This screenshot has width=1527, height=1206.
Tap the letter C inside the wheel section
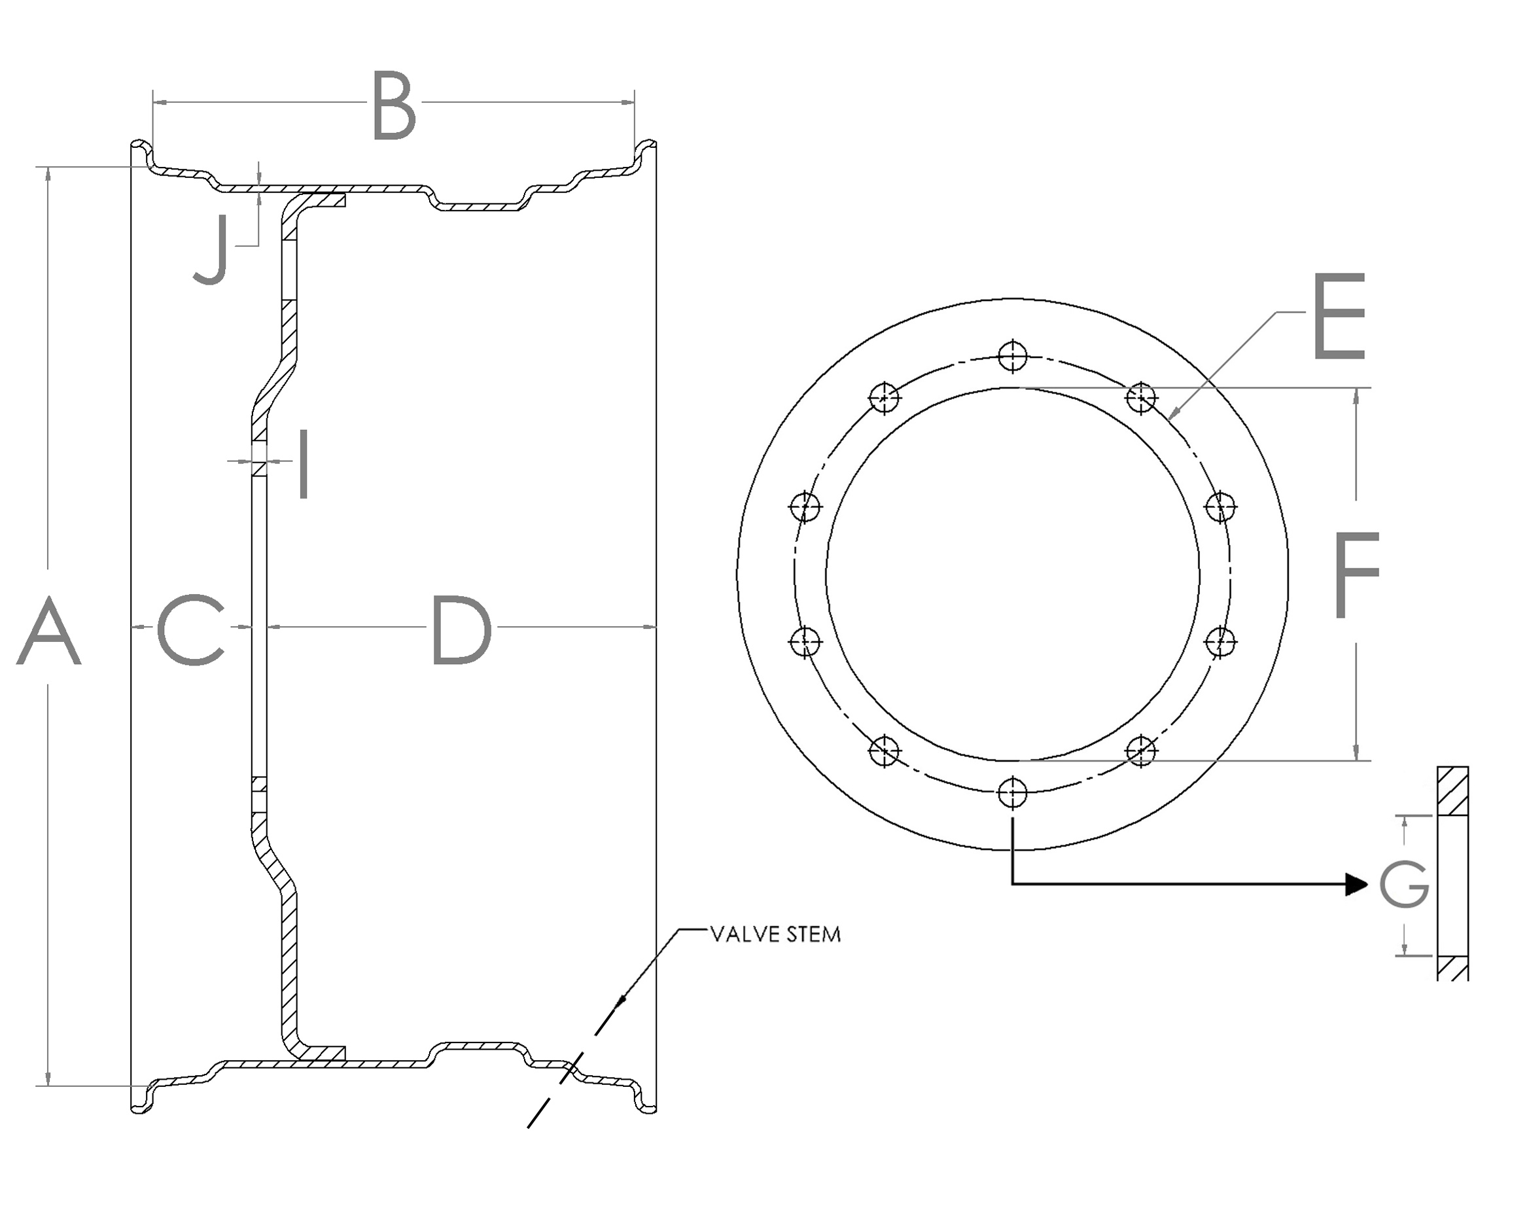(190, 631)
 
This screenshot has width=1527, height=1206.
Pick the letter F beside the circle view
(1356, 575)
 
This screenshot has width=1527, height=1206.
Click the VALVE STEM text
(775, 935)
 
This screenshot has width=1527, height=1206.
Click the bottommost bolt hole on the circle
(1013, 793)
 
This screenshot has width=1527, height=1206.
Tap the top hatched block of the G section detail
(1453, 791)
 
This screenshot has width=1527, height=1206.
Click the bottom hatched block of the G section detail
(1453, 968)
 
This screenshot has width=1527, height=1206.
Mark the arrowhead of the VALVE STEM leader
(622, 1000)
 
